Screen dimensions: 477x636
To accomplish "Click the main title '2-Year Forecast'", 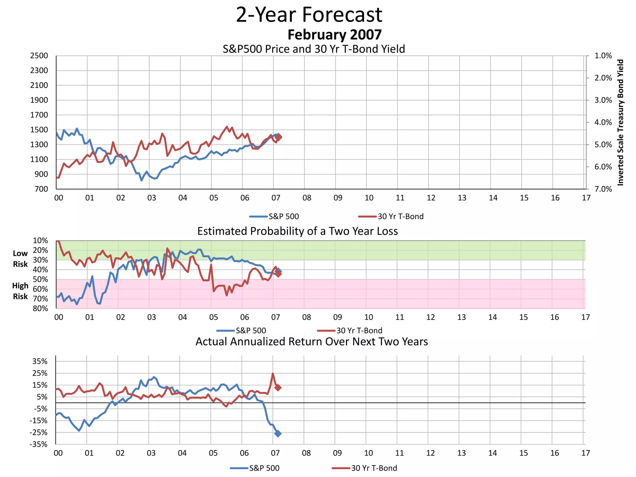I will [x=309, y=15].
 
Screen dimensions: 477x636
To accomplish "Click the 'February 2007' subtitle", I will [x=334, y=34].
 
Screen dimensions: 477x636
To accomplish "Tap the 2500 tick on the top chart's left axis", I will [x=39, y=56].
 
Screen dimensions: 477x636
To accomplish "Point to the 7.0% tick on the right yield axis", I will [x=603, y=189].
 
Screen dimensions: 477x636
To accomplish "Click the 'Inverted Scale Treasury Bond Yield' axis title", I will [x=620, y=122].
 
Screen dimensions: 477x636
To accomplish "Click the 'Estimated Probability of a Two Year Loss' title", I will [x=298, y=231].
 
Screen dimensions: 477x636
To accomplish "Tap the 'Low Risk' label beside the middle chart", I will [x=20, y=259].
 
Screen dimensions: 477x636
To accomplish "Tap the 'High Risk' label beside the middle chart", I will [x=20, y=291].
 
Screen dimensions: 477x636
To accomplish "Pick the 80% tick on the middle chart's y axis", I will [x=40, y=308].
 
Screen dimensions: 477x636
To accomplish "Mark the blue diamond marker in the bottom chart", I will [x=278, y=434].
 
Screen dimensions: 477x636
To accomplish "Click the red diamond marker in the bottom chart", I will [x=278, y=387].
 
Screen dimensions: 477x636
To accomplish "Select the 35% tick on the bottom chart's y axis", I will [x=40, y=361].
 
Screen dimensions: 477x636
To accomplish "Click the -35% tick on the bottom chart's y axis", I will [x=39, y=444].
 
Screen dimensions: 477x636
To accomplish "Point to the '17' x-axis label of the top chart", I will [x=586, y=198].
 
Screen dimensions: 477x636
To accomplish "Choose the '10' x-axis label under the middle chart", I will [x=369, y=317].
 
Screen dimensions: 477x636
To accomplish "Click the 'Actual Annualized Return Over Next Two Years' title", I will [x=311, y=342].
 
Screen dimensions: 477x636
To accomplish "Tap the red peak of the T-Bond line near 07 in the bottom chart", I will [x=273, y=374].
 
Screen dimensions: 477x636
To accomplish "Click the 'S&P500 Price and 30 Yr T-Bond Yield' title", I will [x=314, y=49].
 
